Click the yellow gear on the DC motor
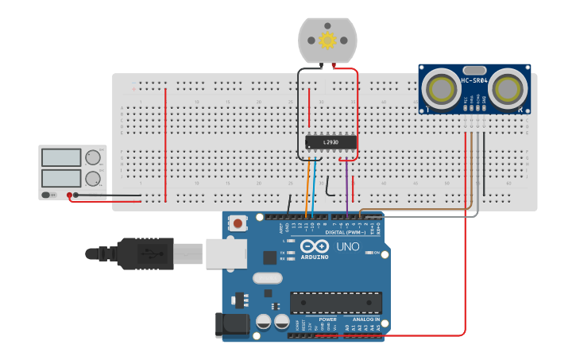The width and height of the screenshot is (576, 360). click(327, 40)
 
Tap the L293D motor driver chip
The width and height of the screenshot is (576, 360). click(331, 142)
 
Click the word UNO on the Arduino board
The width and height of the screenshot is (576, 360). click(348, 247)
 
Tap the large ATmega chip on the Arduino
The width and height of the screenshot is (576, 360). click(335, 303)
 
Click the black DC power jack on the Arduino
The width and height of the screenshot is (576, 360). click(230, 324)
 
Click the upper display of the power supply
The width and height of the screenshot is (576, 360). click(61, 157)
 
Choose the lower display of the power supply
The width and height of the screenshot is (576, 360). click(61, 178)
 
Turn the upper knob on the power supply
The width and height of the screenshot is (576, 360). click(93, 157)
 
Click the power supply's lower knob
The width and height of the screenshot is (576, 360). click(93, 178)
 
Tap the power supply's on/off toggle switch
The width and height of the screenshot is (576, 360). click(49, 195)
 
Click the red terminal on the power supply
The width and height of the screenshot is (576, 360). click(70, 195)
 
